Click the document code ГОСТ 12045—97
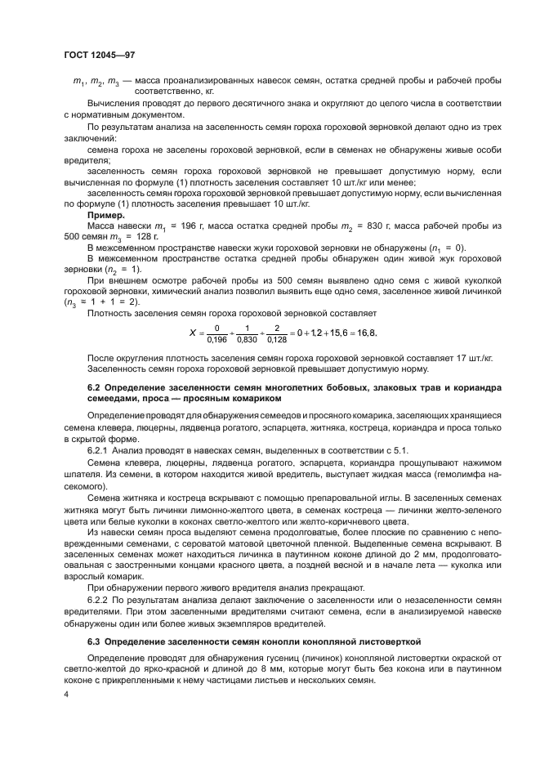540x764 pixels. click(x=99, y=54)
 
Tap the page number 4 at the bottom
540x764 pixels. click(x=65, y=693)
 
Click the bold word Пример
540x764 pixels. click(x=105, y=215)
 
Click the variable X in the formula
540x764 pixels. click(x=193, y=333)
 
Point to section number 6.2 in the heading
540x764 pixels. click(x=96, y=386)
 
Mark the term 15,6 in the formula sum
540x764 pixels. click(x=341, y=332)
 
